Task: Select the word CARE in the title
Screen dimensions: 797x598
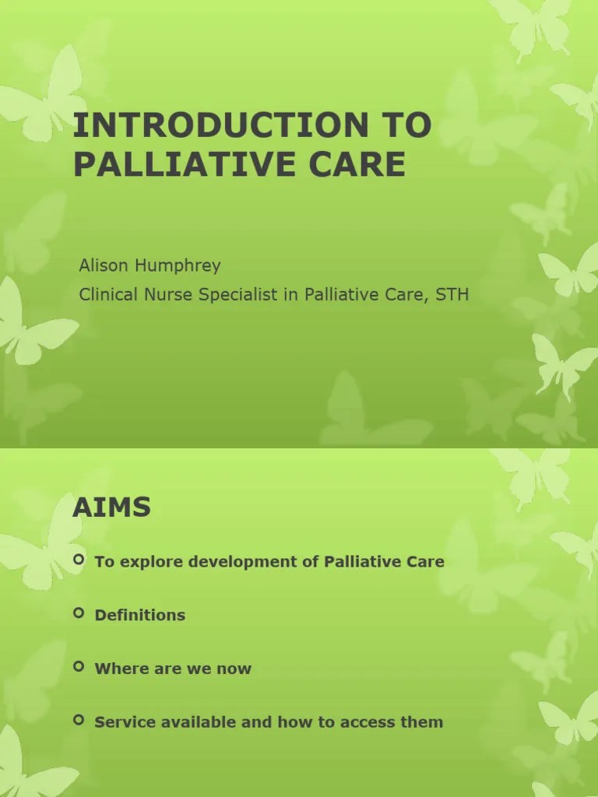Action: [366, 165]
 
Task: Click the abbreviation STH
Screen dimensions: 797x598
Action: [452, 295]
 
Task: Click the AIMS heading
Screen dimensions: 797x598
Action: [111, 508]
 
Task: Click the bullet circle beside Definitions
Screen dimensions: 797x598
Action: [79, 613]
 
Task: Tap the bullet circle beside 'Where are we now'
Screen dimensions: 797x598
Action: [79, 667]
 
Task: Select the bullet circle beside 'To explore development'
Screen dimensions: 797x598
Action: [79, 560]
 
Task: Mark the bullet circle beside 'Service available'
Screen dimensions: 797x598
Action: [79, 721]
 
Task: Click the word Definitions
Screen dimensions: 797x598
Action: [140, 615]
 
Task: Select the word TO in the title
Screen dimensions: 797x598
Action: [404, 126]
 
